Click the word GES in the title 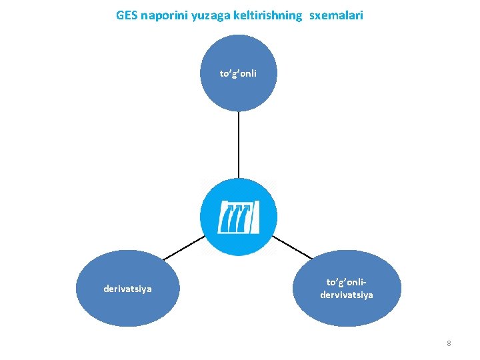[x=126, y=15]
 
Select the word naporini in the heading [x=164, y=15]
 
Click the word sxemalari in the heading [x=337, y=15]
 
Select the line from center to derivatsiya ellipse [x=184, y=247]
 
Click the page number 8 [x=449, y=343]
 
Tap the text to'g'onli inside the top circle [x=238, y=73]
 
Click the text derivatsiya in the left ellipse [x=127, y=289]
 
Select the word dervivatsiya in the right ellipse [x=347, y=294]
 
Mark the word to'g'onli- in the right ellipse [x=347, y=283]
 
